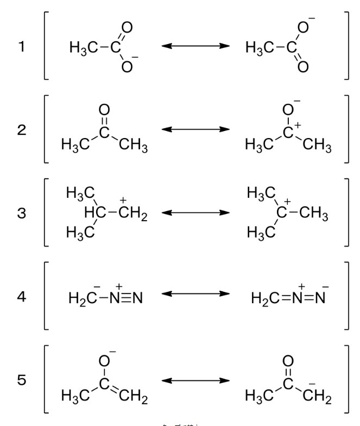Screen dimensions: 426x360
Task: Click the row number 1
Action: pos(22,48)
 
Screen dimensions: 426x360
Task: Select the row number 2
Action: pos(22,131)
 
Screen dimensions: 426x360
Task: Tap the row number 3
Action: pos(22,213)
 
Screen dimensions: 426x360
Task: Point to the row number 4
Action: pos(22,297)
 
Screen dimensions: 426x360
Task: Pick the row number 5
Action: pos(22,380)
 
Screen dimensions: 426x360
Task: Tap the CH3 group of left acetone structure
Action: pos(132,146)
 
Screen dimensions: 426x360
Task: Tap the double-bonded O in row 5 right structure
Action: pos(288,361)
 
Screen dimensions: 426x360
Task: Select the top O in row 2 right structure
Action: pos(288,111)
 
